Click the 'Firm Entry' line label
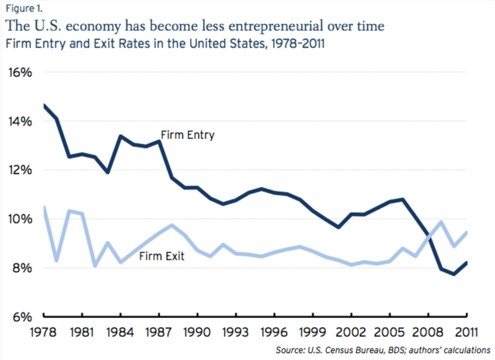188,135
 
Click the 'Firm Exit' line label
161,256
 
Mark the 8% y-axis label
19,268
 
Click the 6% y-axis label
19,317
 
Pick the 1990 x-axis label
198,332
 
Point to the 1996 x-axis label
275,332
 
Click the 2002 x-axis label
351,332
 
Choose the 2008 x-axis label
428,332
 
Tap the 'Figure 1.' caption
21,7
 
